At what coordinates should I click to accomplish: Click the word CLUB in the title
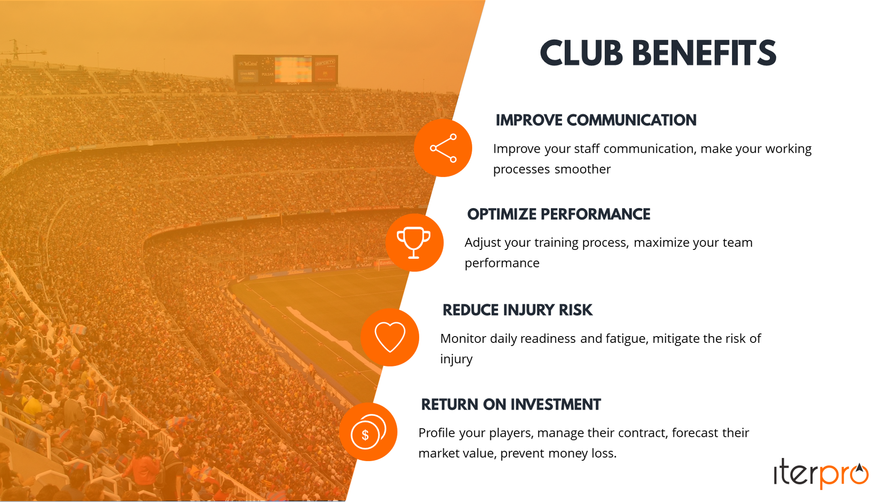click(x=581, y=54)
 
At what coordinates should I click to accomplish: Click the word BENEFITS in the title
click(x=704, y=54)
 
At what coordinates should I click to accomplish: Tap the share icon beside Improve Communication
click(x=443, y=148)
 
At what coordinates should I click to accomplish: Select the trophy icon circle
click(x=414, y=243)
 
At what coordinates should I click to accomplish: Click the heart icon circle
click(x=390, y=337)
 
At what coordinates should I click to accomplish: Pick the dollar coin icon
click(x=368, y=432)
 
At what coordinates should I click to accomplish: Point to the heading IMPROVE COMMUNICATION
click(x=596, y=120)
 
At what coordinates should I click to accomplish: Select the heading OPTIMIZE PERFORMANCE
click(x=559, y=214)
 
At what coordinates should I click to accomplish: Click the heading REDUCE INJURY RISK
click(x=517, y=310)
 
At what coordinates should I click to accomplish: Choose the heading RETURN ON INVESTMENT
click(x=510, y=404)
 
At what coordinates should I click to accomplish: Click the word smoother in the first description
click(x=582, y=169)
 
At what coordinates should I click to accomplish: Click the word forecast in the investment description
click(x=695, y=433)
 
